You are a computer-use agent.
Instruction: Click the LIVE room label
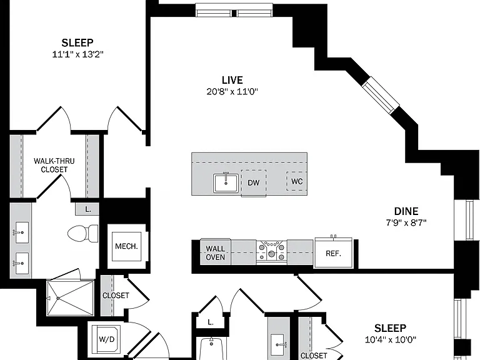(232, 80)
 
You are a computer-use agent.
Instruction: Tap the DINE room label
(406, 211)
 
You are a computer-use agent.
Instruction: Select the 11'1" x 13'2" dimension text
(77, 54)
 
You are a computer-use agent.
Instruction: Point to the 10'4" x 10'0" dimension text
(390, 339)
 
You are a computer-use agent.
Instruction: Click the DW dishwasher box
(254, 182)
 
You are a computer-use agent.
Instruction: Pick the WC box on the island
(297, 181)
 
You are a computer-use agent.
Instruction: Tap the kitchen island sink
(226, 183)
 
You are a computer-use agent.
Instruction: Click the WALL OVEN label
(215, 253)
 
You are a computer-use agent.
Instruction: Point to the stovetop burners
(271, 252)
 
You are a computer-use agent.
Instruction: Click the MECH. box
(126, 246)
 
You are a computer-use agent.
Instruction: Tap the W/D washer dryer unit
(106, 339)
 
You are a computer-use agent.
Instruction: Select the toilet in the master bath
(83, 234)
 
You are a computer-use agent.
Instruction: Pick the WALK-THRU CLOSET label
(54, 165)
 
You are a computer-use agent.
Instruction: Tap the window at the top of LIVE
(234, 11)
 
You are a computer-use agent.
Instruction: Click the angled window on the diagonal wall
(381, 94)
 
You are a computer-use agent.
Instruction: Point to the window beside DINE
(469, 220)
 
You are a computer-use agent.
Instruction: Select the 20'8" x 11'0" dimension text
(232, 91)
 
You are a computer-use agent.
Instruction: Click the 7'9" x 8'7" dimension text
(406, 222)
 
